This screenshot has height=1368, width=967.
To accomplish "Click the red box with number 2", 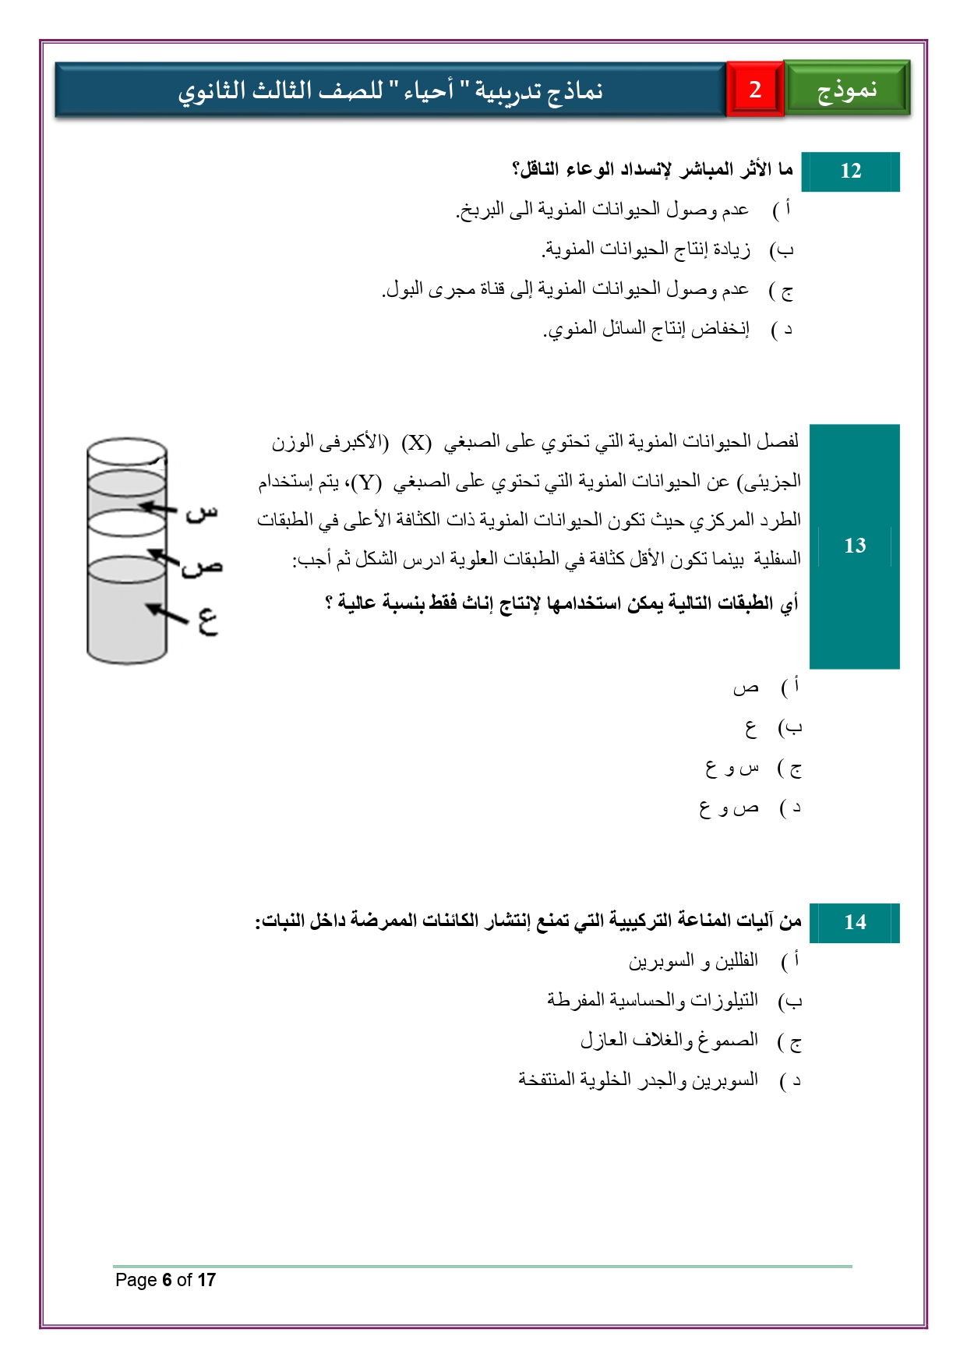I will point(754,90).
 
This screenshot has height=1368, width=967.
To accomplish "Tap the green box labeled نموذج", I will point(847,90).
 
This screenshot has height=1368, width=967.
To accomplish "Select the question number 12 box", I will point(850,171).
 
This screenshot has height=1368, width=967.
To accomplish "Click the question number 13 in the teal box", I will point(855,546).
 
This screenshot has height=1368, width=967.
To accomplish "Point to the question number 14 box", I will point(855,922).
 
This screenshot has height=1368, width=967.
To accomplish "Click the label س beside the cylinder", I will point(202,513).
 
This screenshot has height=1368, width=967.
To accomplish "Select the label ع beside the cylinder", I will point(206,621).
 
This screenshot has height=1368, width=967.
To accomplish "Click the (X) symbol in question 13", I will point(416,443).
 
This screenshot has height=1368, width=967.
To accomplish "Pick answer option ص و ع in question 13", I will point(728,808).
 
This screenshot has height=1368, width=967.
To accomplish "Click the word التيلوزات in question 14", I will point(728,1000).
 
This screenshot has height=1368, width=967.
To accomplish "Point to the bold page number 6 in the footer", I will point(166,1280).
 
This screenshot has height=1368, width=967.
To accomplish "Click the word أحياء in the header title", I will point(428,91).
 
